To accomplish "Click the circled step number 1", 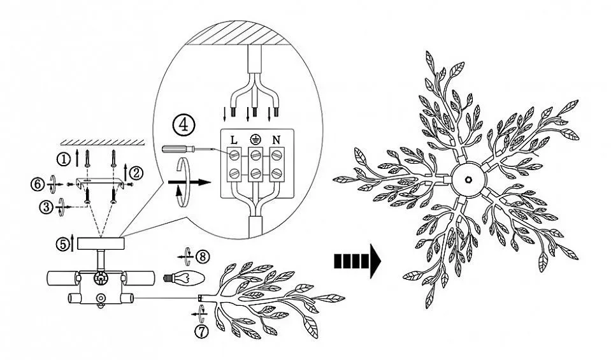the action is [x=62, y=159].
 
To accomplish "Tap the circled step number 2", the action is [x=136, y=173].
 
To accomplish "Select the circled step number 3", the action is [x=46, y=207].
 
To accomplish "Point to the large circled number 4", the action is [x=183, y=125].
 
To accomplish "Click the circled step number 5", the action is [x=62, y=244].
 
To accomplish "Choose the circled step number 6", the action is [x=38, y=184].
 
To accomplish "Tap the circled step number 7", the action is [x=201, y=331].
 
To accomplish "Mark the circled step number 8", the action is [x=203, y=256].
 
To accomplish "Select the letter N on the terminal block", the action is [x=276, y=140].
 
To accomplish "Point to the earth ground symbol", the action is [x=255, y=139].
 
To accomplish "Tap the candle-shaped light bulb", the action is [x=183, y=278].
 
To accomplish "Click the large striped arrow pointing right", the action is [x=357, y=261].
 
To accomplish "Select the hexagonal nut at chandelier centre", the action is [x=468, y=180].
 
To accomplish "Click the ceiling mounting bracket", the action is [x=101, y=182].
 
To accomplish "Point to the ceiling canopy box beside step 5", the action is [x=101, y=244].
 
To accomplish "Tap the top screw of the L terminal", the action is [x=234, y=155].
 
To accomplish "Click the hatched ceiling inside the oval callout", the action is [x=238, y=33].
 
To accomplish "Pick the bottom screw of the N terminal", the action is [x=277, y=172].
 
